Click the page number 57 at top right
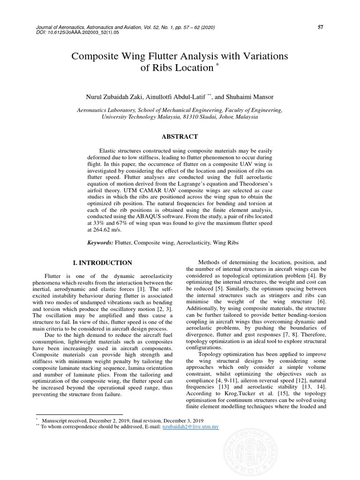321,27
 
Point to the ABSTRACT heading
180,136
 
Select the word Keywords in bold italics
100,243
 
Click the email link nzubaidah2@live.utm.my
190,427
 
